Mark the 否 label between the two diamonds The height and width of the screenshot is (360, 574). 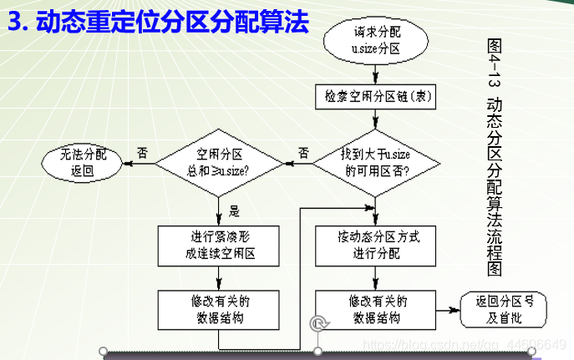(x=302, y=153)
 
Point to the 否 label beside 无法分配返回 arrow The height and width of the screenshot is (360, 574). (x=142, y=153)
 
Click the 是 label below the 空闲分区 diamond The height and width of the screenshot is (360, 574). (x=234, y=210)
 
